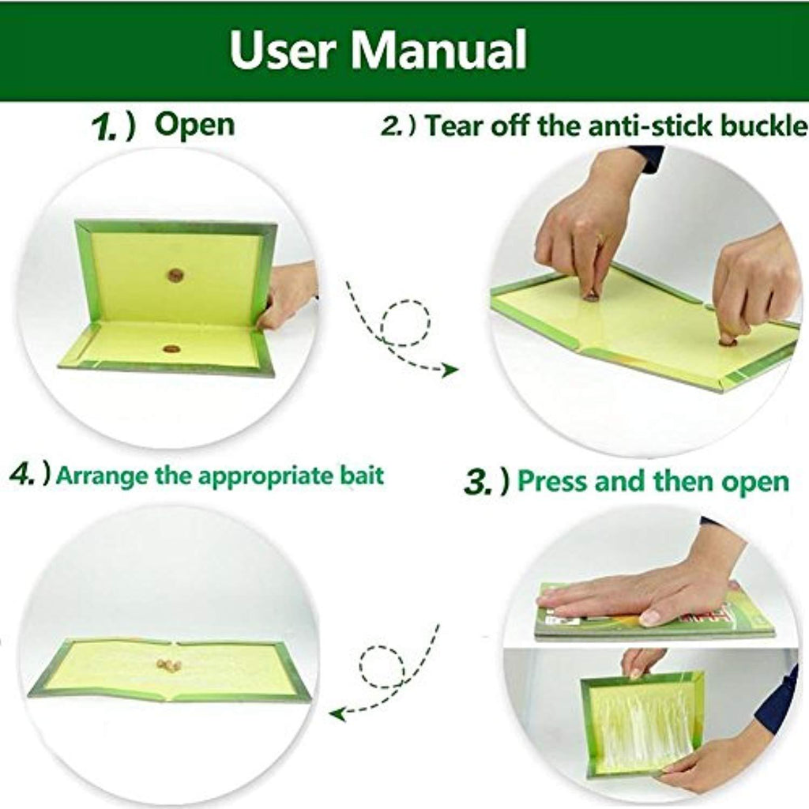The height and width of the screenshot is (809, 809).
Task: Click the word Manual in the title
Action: [x=438, y=49]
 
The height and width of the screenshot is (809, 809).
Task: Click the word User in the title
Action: [x=283, y=49]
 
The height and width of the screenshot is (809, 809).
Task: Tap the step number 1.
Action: [x=105, y=127]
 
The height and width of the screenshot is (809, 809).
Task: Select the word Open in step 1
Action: [x=194, y=126]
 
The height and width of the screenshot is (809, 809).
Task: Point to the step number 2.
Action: [x=392, y=126]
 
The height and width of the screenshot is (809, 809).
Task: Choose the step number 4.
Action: [x=23, y=474]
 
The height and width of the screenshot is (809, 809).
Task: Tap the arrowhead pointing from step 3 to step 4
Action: [x=337, y=714]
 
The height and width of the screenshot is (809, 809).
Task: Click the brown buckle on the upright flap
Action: [x=175, y=275]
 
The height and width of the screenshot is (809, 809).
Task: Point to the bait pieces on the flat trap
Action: [x=169, y=665]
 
